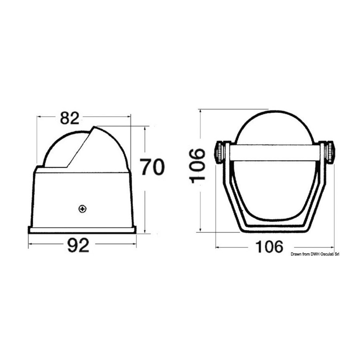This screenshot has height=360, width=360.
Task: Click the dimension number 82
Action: point(70,118)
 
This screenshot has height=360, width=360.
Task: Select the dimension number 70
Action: point(152,166)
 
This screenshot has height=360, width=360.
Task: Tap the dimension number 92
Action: point(78,245)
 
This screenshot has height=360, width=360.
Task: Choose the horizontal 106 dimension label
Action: point(269,247)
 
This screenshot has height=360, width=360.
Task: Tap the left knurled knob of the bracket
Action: point(219,153)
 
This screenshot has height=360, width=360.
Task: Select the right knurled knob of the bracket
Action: point(330,152)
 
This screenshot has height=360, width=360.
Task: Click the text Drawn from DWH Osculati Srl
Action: point(315,254)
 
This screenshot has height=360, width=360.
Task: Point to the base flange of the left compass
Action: point(82,230)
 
